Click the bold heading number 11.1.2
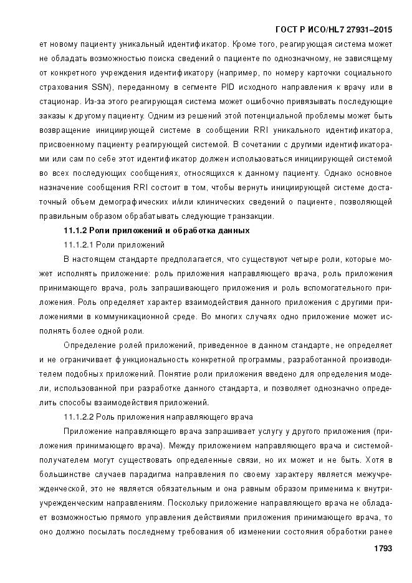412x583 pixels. point(78,231)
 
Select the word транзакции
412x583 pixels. point(251,216)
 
